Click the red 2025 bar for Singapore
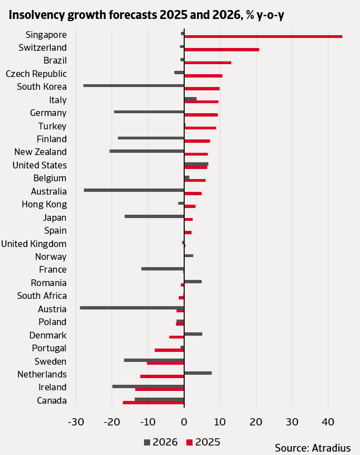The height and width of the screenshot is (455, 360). (x=263, y=36)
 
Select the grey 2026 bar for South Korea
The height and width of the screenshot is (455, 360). (x=133, y=85)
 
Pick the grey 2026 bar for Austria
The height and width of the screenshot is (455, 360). (x=132, y=307)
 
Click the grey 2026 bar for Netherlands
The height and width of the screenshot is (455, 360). (x=198, y=372)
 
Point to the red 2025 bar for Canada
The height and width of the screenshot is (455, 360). (x=153, y=402)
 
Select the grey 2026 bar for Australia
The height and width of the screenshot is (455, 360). (x=134, y=190)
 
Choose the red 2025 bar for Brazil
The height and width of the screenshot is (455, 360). (x=208, y=62)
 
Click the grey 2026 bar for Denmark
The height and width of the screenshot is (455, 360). (x=193, y=333)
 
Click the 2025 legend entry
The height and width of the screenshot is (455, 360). (x=203, y=442)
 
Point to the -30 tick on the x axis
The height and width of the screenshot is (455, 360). (x=75, y=421)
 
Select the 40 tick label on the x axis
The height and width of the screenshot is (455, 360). (x=328, y=421)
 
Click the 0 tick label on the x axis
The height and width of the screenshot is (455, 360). (x=184, y=421)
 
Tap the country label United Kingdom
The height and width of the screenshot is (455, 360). (x=34, y=244)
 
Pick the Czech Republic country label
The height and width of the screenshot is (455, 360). (x=36, y=74)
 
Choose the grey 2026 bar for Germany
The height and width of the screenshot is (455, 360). (x=149, y=112)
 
